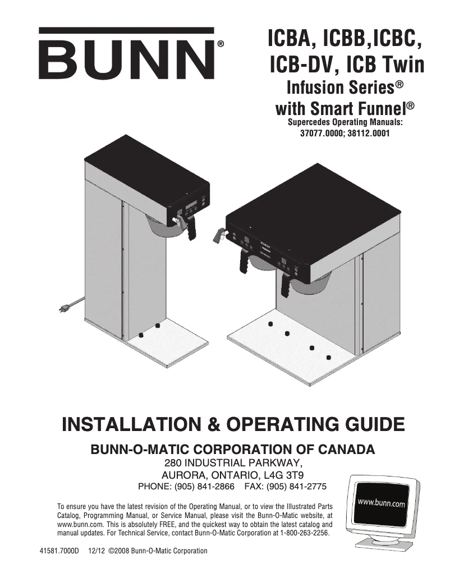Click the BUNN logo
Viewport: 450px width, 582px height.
click(127, 55)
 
